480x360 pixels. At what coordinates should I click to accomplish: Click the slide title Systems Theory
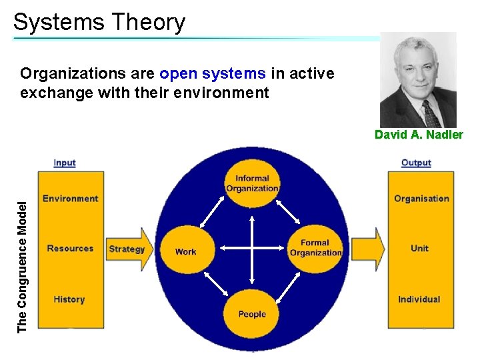pyautogui.click(x=99, y=22)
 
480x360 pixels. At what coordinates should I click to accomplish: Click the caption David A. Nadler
pyautogui.click(x=418, y=135)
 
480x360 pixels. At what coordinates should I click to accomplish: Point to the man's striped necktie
pyautogui.click(x=429, y=114)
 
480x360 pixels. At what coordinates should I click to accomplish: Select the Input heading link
pyautogui.click(x=65, y=163)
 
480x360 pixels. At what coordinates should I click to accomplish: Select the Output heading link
pyautogui.click(x=416, y=163)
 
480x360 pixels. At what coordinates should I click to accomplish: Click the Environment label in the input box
pyautogui.click(x=70, y=199)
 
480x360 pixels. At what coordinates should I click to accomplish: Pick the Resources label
pyautogui.click(x=70, y=249)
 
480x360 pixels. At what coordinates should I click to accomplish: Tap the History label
pyautogui.click(x=69, y=299)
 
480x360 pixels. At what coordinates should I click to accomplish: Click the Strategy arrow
pyautogui.click(x=127, y=249)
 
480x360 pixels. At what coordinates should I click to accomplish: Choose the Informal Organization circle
pyautogui.click(x=252, y=183)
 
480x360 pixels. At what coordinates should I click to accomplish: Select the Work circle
pyautogui.click(x=186, y=251)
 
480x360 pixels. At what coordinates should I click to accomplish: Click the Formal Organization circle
pyautogui.click(x=315, y=248)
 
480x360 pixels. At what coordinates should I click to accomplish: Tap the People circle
pyautogui.click(x=252, y=313)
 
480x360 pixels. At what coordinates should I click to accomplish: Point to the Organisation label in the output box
pyautogui.click(x=421, y=199)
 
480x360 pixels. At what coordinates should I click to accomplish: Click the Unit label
pyautogui.click(x=419, y=249)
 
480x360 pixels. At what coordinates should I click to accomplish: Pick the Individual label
pyautogui.click(x=419, y=299)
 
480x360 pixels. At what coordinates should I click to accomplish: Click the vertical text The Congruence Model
pyautogui.click(x=22, y=267)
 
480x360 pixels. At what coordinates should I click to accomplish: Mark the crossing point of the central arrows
pyautogui.click(x=252, y=249)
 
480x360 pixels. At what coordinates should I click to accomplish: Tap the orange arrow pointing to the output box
pyautogui.click(x=369, y=249)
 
